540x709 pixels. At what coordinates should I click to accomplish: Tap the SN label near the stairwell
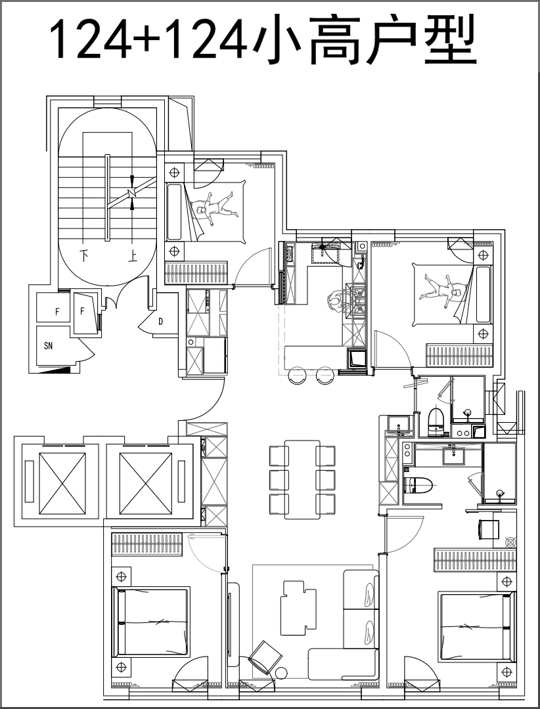(x=49, y=347)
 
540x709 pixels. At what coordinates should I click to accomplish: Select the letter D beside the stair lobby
(x=161, y=322)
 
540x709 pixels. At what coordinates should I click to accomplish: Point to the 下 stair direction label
(x=84, y=256)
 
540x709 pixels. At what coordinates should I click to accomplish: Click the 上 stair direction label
(x=133, y=257)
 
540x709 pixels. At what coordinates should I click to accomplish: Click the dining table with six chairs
(x=302, y=480)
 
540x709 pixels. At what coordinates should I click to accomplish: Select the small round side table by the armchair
(x=282, y=674)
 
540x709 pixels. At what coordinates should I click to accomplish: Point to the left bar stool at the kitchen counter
(x=297, y=376)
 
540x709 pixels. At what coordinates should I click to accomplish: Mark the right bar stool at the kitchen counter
(x=325, y=376)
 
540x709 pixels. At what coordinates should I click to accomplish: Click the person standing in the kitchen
(x=336, y=301)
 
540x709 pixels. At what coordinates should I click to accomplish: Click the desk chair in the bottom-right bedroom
(x=488, y=530)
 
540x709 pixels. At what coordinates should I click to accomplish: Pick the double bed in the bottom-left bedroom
(x=151, y=622)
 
